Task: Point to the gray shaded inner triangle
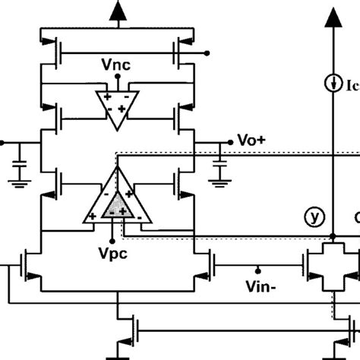click(116, 204)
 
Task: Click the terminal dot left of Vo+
click(230, 142)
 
